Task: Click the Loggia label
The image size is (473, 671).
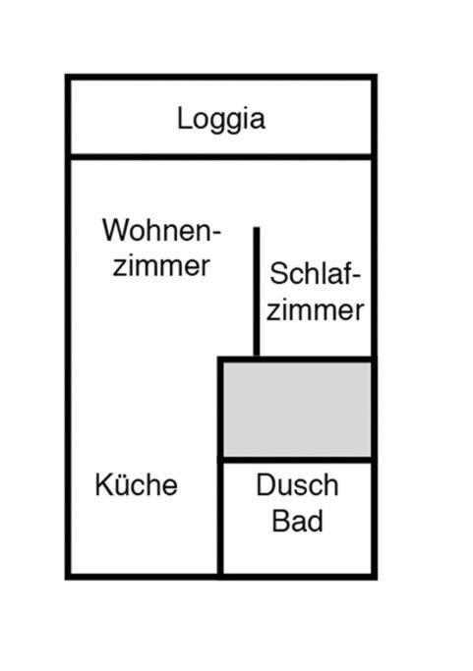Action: [221, 120]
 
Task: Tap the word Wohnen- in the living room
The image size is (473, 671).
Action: [161, 230]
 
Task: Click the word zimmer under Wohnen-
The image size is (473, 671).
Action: [161, 265]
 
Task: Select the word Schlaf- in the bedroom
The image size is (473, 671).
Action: [316, 273]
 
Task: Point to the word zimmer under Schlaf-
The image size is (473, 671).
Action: [316, 309]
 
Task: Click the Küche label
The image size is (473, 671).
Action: [137, 485]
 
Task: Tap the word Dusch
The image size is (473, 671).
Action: [297, 485]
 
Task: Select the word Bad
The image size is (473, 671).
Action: [297, 521]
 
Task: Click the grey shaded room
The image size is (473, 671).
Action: [297, 410]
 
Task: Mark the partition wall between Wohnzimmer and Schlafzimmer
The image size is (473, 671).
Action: [257, 292]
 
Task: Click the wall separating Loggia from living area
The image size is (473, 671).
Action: [221, 157]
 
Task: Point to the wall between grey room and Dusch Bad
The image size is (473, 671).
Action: [297, 460]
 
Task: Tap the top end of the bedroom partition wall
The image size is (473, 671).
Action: [257, 228]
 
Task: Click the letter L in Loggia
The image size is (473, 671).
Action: [184, 118]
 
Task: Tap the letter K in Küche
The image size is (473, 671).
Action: [103, 485]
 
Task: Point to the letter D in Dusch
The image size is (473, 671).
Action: [266, 485]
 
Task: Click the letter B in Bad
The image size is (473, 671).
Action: [280, 521]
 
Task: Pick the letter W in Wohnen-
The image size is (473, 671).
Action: [116, 230]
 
